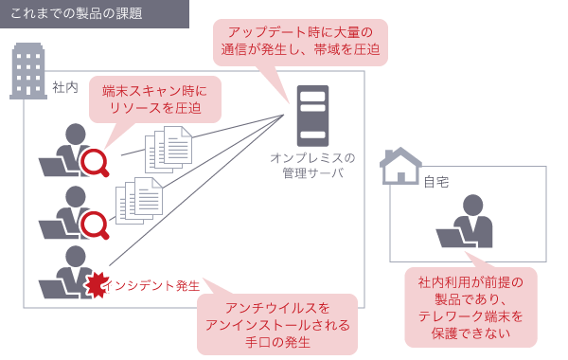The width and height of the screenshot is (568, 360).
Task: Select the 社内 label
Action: coord(66,86)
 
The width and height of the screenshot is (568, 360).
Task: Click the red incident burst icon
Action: coord(93,285)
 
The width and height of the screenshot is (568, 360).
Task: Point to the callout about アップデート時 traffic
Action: coord(298,40)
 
